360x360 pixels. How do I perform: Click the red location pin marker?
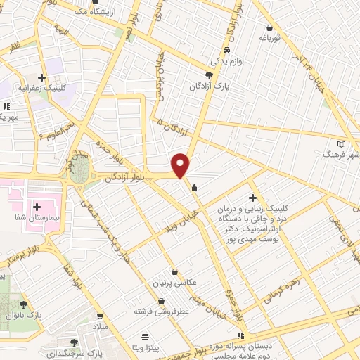[x=181, y=165]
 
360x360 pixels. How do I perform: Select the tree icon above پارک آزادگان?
[x=209, y=75]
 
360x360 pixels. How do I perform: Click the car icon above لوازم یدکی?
[x=227, y=51]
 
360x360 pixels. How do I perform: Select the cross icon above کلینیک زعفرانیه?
[x=41, y=77]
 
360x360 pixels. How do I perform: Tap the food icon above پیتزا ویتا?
[x=145, y=336]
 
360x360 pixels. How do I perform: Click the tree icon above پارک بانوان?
[x=24, y=304]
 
